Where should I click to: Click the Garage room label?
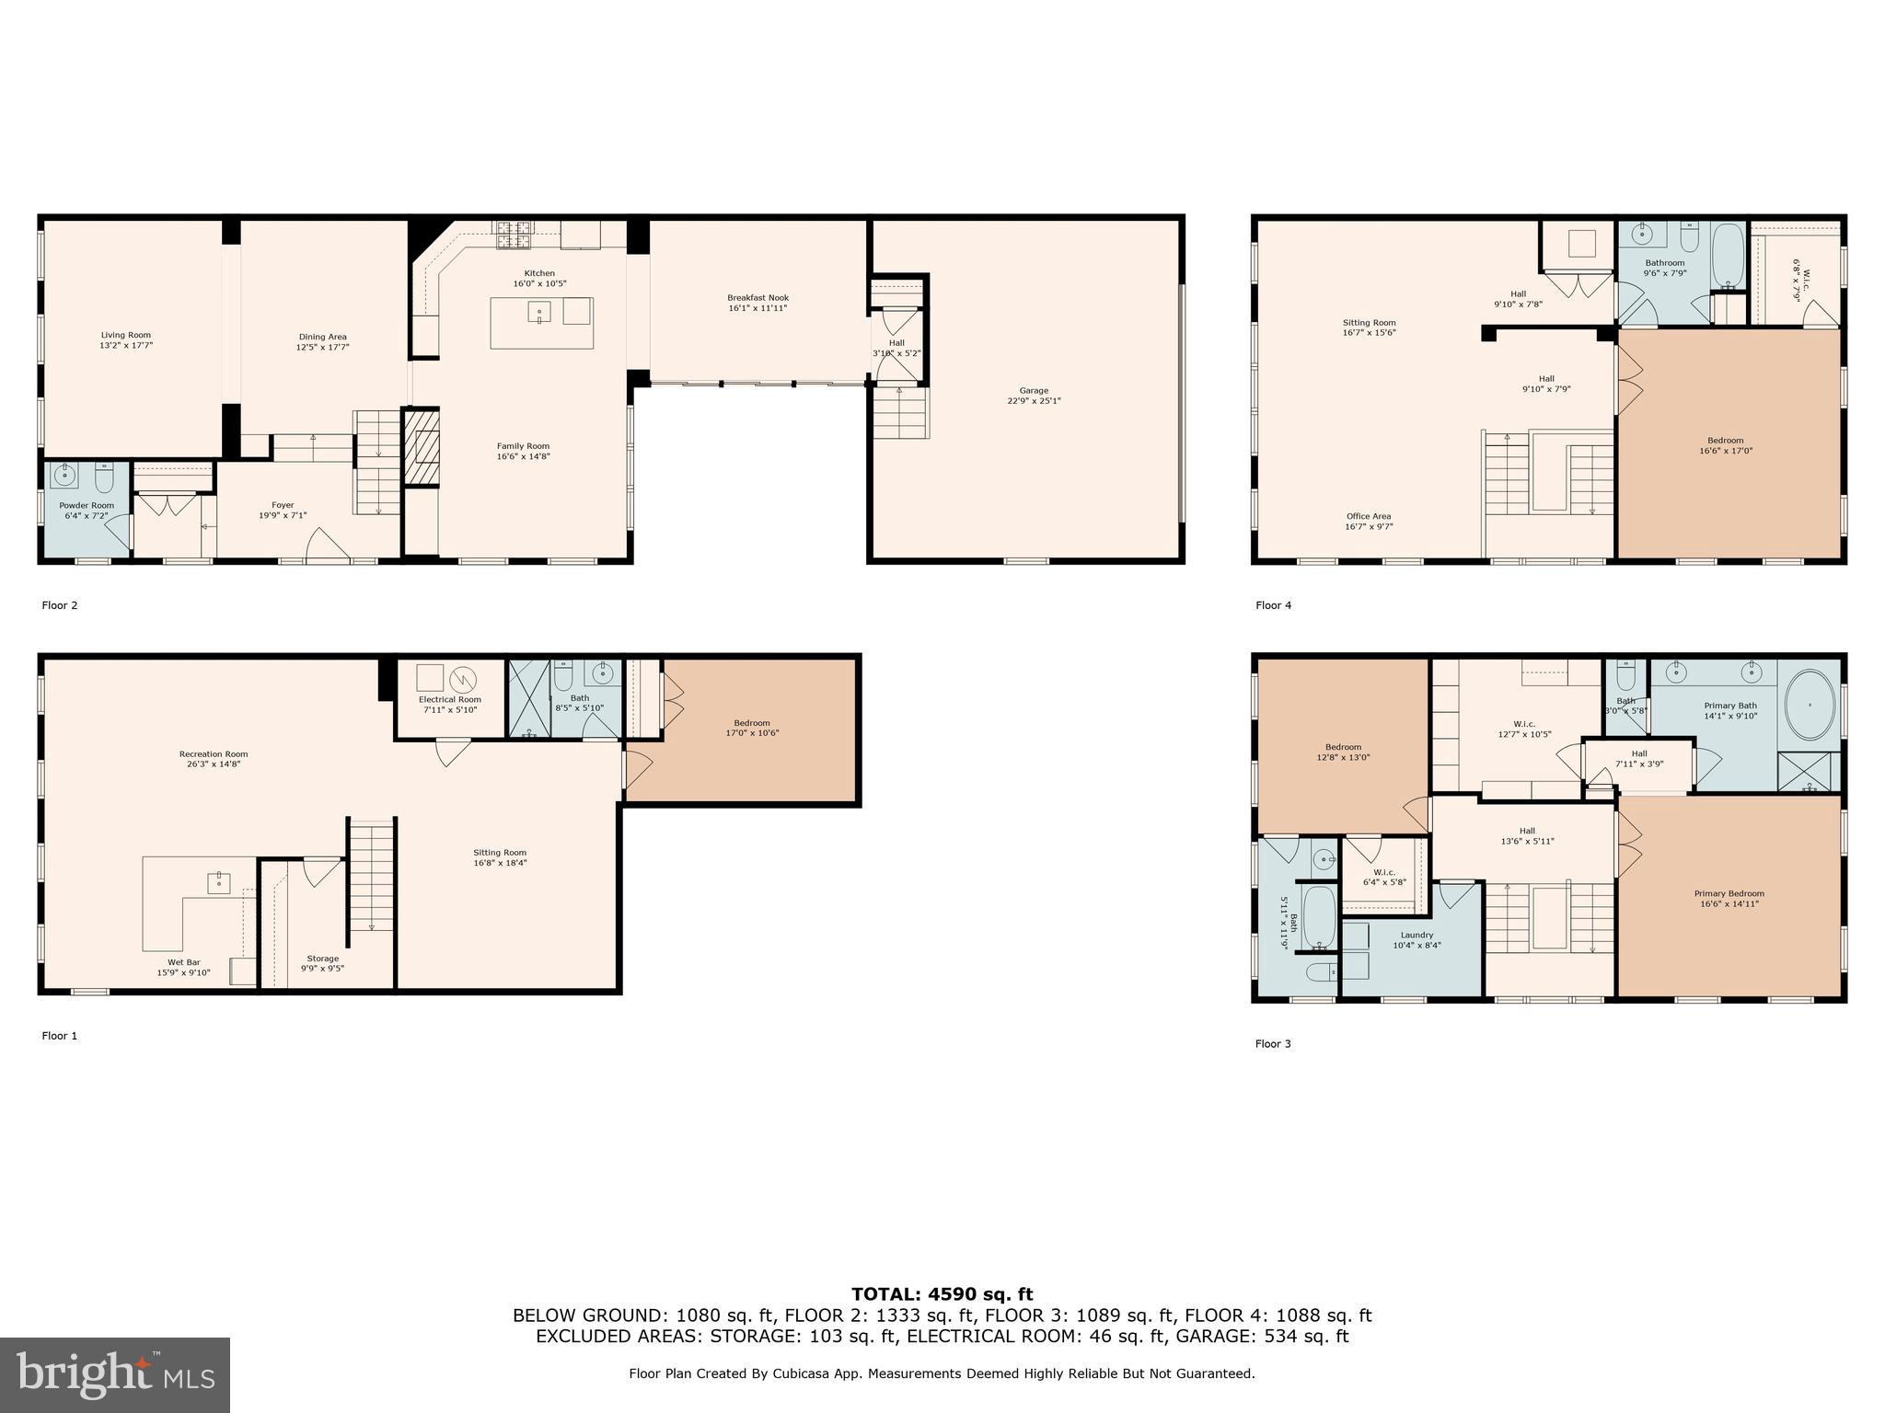(x=1034, y=391)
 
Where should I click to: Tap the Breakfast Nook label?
(x=757, y=298)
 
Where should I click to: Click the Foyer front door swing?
(x=329, y=545)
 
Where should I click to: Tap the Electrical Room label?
(x=449, y=699)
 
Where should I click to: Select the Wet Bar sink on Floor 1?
(x=219, y=882)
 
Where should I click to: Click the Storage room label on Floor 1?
(x=322, y=959)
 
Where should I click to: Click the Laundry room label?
(x=1417, y=935)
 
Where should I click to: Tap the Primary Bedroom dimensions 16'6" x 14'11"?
(x=1729, y=904)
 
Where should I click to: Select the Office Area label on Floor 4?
(x=1368, y=517)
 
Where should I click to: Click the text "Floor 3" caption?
(x=1273, y=1043)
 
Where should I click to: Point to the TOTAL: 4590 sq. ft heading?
(x=942, y=1294)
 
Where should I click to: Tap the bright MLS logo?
(x=115, y=1374)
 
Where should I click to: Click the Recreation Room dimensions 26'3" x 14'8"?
(x=214, y=764)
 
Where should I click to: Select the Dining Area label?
(x=322, y=337)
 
